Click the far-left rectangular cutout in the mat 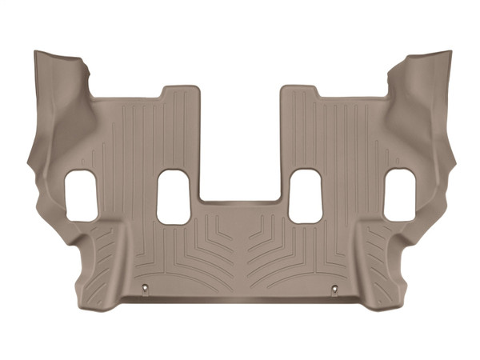click(x=81, y=195)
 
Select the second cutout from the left click(x=174, y=197)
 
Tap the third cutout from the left click(x=305, y=197)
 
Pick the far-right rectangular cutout click(x=399, y=195)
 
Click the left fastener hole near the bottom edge click(x=143, y=288)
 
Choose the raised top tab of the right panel click(x=300, y=94)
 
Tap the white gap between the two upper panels click(x=240, y=136)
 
